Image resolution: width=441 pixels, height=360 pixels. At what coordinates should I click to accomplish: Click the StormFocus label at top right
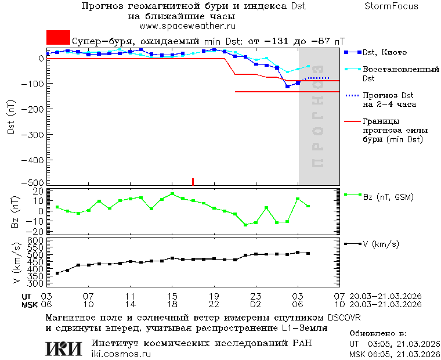pos(391,6)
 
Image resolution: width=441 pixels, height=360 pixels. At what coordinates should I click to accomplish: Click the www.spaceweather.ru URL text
pos(187,26)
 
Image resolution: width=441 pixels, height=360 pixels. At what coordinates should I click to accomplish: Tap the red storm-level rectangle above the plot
pos(58,37)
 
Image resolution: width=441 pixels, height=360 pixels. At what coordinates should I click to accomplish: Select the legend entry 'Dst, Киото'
pos(384,52)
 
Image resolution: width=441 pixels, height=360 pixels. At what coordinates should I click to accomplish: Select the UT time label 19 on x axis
pos(214,296)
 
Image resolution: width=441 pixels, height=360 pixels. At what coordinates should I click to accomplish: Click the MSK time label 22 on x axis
pos(214,304)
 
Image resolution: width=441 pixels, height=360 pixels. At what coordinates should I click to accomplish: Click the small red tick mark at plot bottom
pos(193,182)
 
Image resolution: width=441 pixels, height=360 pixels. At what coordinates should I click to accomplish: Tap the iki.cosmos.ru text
pos(121,354)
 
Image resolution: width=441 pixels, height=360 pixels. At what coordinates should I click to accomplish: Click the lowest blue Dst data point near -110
pos(287,87)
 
